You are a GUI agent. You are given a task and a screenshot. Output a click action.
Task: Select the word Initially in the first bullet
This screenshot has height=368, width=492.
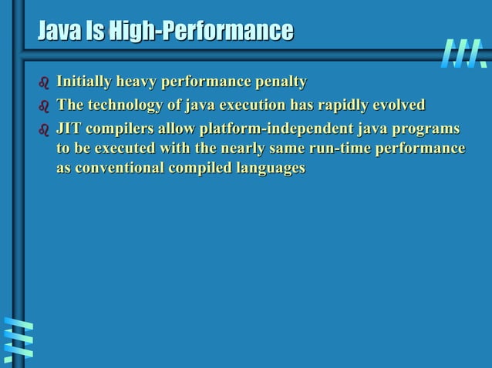(82, 82)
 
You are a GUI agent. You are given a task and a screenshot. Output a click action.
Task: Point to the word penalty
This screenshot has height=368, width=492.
(280, 82)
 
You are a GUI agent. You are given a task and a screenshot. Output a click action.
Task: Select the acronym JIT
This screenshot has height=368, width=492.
(68, 128)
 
